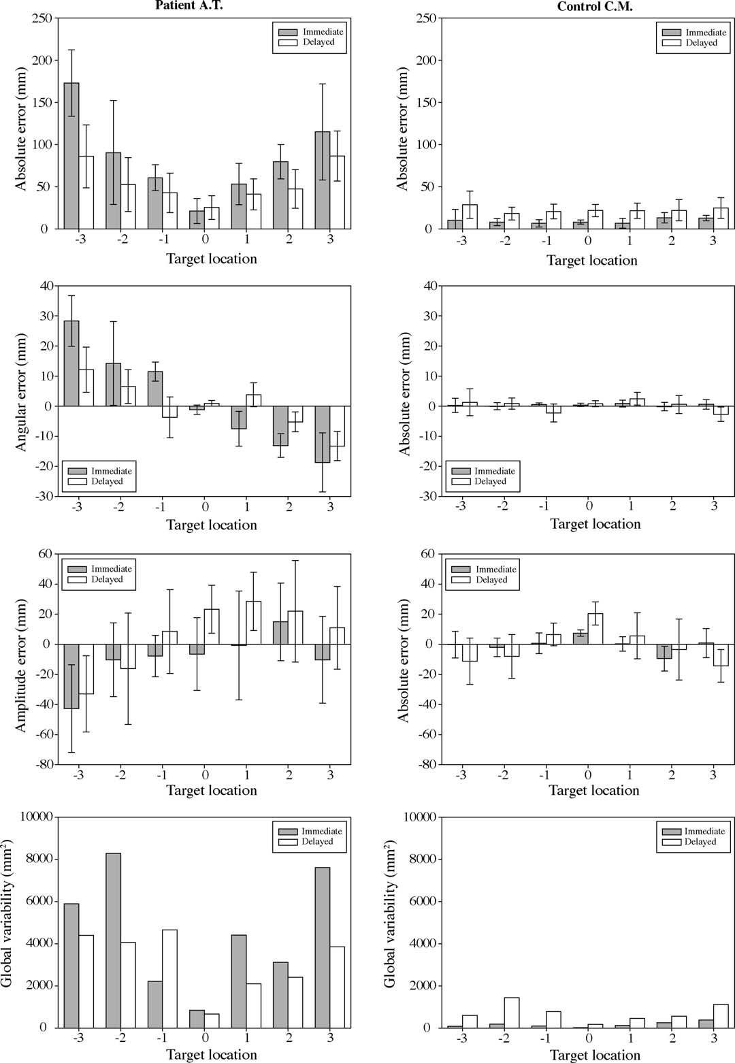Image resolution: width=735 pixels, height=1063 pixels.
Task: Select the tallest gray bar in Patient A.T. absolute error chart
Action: tap(71, 156)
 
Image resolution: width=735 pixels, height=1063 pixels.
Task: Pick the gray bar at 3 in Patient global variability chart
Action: tap(323, 947)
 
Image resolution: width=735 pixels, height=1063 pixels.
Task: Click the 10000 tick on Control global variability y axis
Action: tap(419, 817)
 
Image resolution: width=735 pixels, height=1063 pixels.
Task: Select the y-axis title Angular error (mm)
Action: tap(21, 392)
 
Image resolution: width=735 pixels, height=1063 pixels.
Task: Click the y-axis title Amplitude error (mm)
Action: tap(21, 666)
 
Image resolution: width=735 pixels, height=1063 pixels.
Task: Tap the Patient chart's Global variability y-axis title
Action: tap(8, 913)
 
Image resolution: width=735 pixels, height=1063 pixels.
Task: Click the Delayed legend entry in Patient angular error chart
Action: tap(107, 481)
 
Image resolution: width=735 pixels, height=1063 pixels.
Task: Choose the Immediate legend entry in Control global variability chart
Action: tap(704, 831)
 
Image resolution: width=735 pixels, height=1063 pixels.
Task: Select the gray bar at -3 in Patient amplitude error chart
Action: tap(71, 676)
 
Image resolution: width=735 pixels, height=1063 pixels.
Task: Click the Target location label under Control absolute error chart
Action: tap(591, 260)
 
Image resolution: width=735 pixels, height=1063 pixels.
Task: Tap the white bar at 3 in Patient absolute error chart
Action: tap(338, 192)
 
